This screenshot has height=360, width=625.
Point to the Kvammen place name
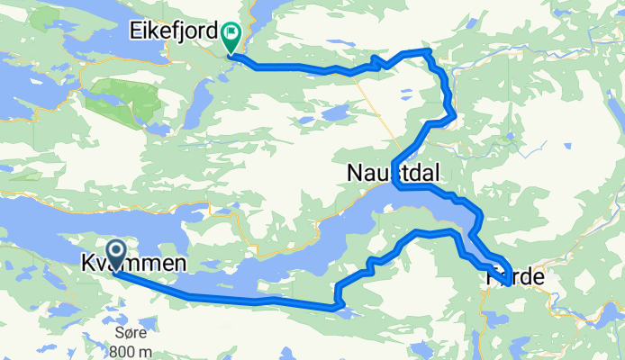pos(135,264)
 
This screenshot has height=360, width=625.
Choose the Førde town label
pos(515,278)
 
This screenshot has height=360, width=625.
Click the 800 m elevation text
pos(131,350)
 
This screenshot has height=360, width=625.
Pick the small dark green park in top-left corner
pos(41,20)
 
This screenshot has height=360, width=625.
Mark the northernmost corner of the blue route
pos(424,50)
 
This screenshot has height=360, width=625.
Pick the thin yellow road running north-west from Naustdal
pos(378,108)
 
